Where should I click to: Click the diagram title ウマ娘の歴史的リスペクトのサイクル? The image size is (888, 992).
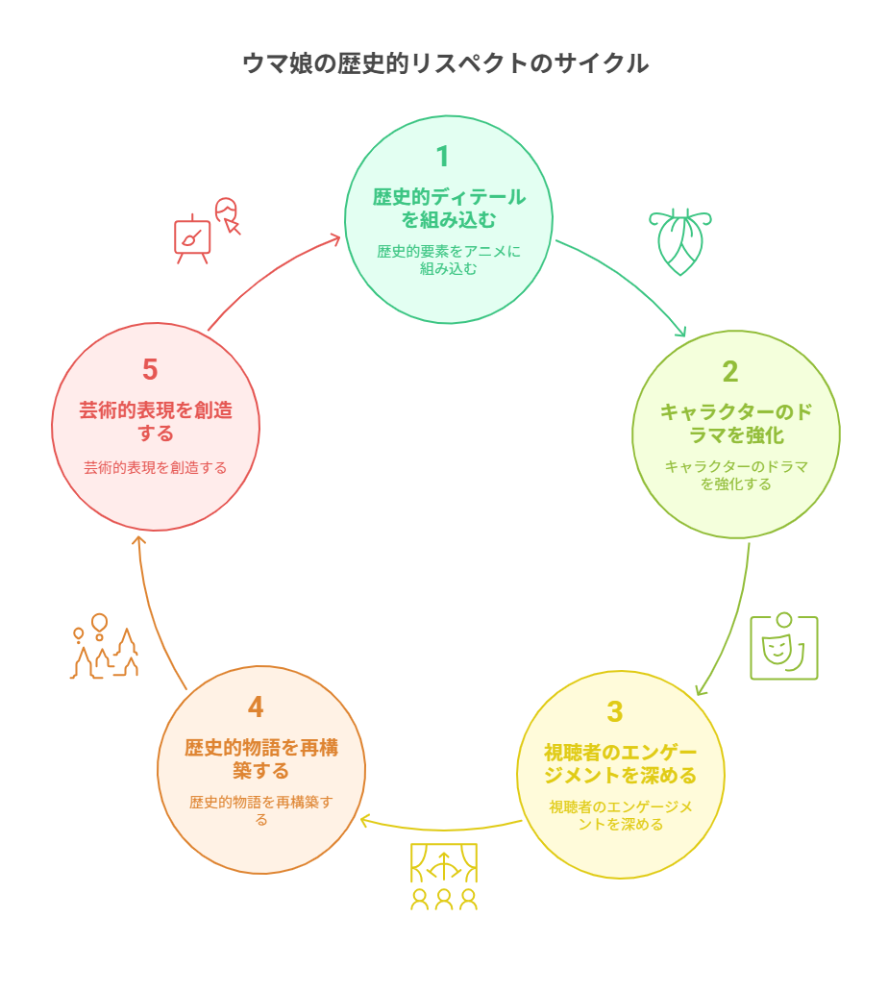[445, 63]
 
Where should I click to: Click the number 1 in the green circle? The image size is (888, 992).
[443, 157]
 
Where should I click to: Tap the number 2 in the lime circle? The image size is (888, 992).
[729, 371]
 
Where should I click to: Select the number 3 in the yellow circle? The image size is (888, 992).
[615, 711]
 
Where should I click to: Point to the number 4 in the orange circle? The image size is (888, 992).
[256, 707]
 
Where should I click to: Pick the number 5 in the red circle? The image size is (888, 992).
[150, 369]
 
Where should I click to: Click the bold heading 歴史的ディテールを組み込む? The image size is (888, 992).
[449, 209]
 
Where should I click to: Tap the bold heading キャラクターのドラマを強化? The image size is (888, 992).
[736, 423]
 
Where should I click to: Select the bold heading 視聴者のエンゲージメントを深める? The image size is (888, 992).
[621, 763]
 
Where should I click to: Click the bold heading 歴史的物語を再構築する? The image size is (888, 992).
[261, 759]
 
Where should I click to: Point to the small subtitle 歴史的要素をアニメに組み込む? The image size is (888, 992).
[449, 260]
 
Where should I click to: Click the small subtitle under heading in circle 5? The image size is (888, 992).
[155, 467]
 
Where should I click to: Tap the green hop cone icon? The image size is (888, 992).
[679, 241]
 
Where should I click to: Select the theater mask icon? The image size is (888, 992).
[783, 646]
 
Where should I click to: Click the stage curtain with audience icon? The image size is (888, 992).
[444, 877]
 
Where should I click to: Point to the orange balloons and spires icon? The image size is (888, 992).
[104, 646]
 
